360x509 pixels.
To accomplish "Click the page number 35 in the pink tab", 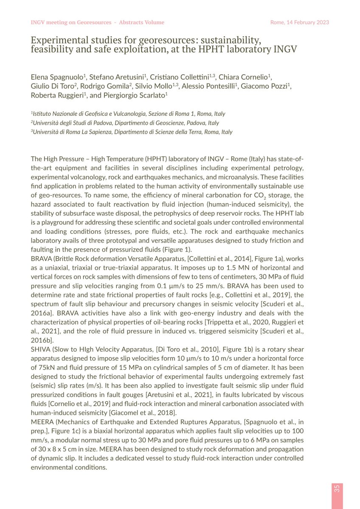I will tap(337, 488).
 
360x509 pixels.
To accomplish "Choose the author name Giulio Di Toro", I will tap(51, 86).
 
